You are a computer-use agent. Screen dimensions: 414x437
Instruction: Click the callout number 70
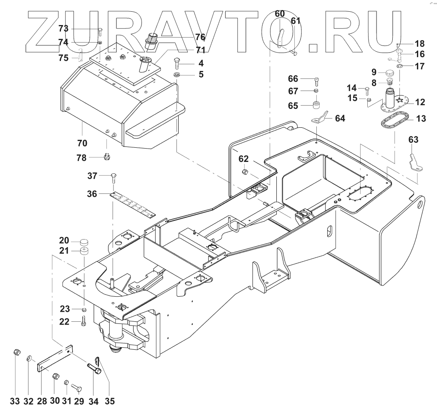tap(82, 143)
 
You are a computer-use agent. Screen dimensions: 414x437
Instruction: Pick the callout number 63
tap(413, 139)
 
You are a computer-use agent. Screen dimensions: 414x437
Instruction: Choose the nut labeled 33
tap(15, 353)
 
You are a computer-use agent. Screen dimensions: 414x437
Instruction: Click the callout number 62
tap(244, 159)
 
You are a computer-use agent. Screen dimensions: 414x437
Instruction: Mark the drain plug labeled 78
tap(106, 157)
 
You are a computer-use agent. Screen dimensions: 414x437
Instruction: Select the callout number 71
tap(200, 50)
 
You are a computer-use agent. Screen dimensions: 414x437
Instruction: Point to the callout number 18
tap(419, 43)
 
